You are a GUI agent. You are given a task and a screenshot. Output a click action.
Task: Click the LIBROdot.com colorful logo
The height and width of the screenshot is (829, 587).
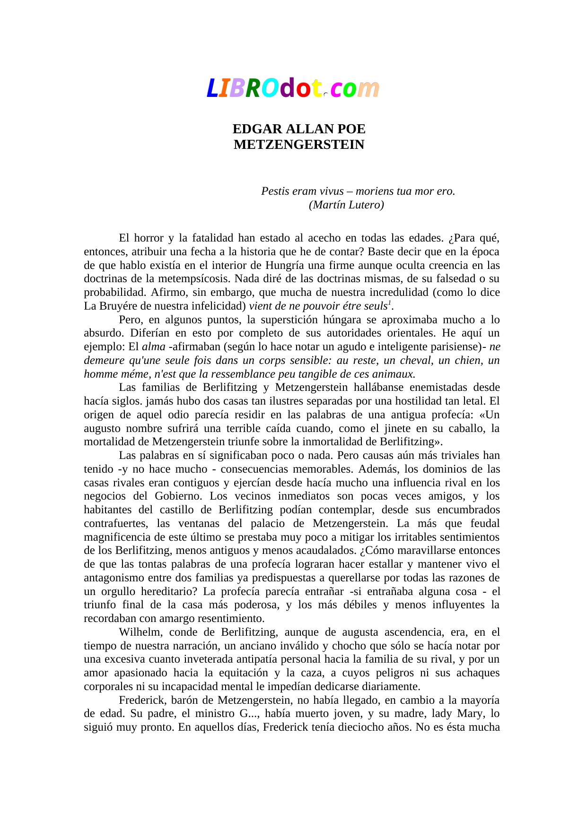(x=293, y=88)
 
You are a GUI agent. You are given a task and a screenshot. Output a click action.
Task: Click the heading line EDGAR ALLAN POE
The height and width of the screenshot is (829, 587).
(x=299, y=129)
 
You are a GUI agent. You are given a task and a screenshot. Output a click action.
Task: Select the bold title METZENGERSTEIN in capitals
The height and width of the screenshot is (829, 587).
(x=299, y=145)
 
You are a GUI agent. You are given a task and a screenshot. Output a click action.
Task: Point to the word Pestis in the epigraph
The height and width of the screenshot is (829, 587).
(x=275, y=191)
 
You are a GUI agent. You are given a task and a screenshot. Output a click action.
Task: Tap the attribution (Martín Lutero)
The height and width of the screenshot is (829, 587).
(x=346, y=205)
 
